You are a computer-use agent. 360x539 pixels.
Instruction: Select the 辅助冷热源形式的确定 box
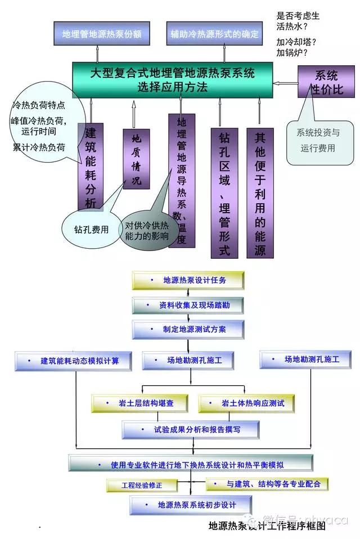(215, 34)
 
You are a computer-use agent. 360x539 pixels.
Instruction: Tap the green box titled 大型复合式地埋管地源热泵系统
(172, 80)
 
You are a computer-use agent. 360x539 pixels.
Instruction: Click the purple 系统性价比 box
(326, 82)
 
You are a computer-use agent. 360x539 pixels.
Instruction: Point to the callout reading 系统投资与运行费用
(318, 141)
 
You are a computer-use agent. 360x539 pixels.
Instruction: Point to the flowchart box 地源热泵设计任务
(188, 280)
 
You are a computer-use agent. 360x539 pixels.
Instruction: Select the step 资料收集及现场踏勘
(188, 305)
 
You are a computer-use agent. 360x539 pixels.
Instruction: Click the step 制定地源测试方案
(188, 329)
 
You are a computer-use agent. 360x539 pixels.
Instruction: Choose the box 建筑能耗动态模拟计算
(73, 361)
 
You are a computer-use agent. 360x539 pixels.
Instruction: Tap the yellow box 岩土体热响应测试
(246, 403)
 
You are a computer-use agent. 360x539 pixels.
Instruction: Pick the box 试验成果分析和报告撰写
(191, 429)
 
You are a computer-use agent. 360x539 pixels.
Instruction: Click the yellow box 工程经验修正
(142, 484)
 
